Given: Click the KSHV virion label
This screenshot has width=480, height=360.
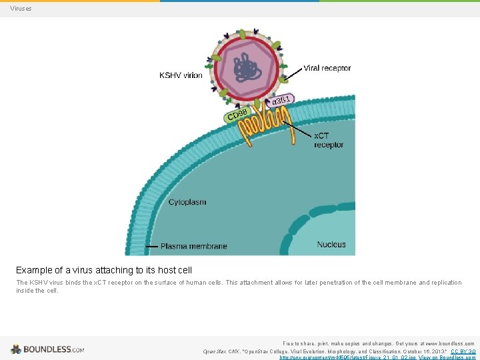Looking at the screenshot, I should pos(181,75).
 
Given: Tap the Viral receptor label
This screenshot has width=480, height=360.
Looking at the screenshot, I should pos(327,68).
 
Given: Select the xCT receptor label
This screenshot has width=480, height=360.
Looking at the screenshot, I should pos(328,140).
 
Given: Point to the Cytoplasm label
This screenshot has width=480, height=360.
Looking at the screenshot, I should pos(187,202).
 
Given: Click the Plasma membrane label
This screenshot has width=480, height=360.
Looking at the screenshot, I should pos(193,246).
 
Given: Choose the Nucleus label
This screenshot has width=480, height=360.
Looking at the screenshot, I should pos(331,245).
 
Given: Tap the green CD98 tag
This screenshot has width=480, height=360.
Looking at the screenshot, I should pos(238,116).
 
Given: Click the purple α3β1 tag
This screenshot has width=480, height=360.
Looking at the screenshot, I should pos(281,101).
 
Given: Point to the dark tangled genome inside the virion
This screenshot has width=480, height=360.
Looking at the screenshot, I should pos(246,68).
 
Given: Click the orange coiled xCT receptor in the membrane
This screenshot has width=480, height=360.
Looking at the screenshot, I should pos(267,127).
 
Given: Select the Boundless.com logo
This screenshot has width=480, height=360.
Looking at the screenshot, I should pos(47,349).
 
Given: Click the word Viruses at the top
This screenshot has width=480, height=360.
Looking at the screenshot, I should pos(21,9).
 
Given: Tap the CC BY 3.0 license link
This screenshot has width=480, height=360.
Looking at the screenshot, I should pos(463,351).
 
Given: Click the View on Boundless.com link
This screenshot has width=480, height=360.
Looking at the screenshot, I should pos(447,357).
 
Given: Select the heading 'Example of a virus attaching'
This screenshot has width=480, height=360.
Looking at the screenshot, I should pos(104,270).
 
